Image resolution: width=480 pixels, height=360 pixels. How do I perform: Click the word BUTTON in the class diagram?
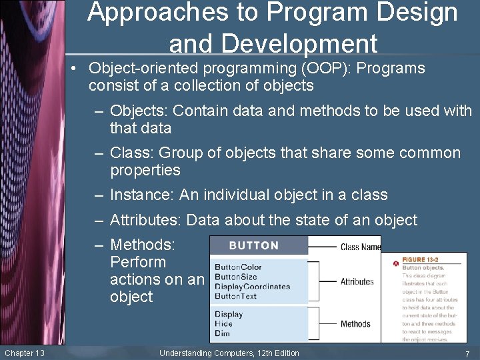point(253,245)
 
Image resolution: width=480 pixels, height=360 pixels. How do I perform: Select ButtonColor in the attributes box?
point(238,267)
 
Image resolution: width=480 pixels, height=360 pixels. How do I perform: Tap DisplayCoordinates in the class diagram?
point(252,287)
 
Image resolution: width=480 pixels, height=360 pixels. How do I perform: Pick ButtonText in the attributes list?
point(235,296)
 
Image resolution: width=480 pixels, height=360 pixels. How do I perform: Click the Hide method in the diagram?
point(223,323)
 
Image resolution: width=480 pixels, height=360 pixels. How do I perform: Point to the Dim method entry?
point(222,333)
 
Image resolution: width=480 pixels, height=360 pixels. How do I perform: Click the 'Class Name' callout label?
point(360,247)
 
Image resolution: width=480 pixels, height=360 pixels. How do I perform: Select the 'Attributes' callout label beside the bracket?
point(357,281)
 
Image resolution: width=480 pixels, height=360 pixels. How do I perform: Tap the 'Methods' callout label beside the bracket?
point(355,324)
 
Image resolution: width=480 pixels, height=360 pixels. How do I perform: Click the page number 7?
point(467,353)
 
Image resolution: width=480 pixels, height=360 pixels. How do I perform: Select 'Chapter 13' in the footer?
point(24,353)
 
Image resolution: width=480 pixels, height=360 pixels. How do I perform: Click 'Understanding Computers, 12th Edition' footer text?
point(229,353)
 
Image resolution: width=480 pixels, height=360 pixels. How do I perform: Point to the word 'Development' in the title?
point(273,43)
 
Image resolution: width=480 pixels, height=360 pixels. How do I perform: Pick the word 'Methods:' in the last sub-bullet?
point(142,245)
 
